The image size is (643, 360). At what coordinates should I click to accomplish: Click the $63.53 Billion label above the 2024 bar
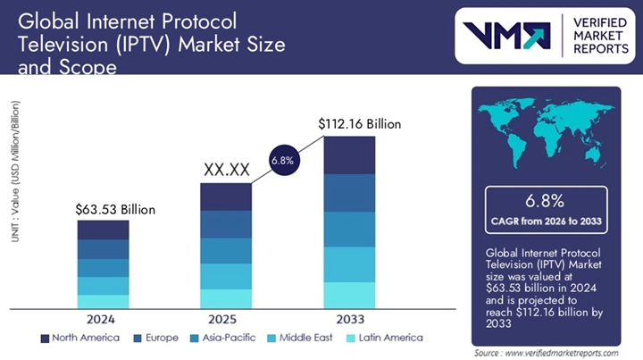point(115,209)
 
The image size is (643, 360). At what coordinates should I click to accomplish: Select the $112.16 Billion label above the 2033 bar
point(360,124)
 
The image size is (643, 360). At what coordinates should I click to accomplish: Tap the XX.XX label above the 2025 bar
point(226,169)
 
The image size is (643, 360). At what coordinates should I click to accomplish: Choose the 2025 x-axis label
point(225,319)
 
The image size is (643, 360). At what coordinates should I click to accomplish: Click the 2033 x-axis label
point(348,319)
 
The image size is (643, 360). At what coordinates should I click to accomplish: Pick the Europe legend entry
point(156,338)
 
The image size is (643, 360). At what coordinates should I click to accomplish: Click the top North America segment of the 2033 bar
point(348,155)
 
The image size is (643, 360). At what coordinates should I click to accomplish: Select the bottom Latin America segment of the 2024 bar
point(103,301)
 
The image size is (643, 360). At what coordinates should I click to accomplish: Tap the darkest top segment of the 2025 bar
point(225,197)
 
